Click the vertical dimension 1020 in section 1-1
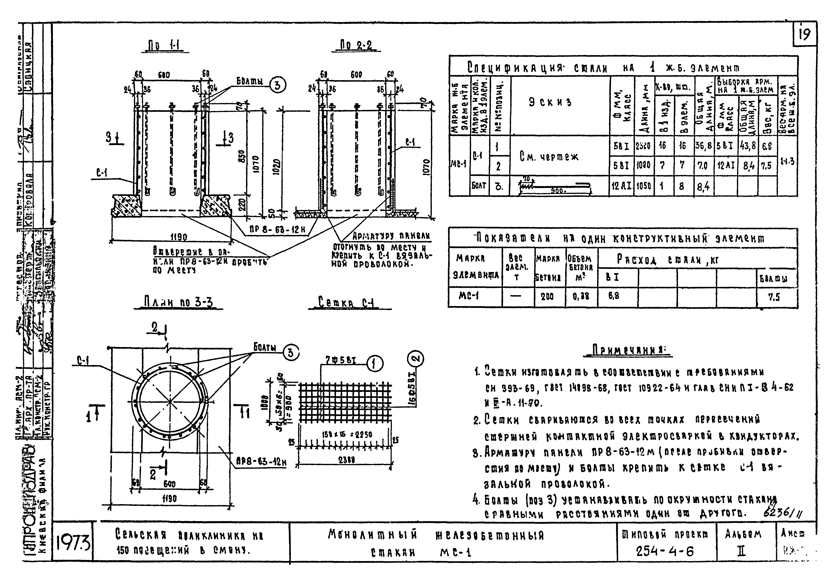[277, 167]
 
